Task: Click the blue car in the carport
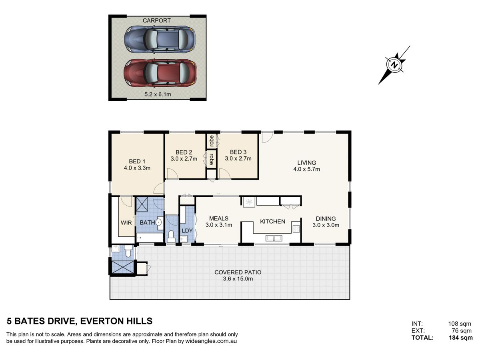click(x=160, y=39)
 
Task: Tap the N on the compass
click(x=394, y=65)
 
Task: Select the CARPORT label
click(x=156, y=20)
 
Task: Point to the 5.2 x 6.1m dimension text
click(x=158, y=94)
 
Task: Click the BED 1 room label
click(x=137, y=162)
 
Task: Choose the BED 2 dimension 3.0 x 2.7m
click(x=184, y=159)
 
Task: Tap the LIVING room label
click(x=306, y=163)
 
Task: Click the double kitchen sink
click(x=274, y=238)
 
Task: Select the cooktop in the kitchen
click(x=296, y=229)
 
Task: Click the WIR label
click(x=126, y=223)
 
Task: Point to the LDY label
click(x=187, y=231)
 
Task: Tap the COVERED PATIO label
click(x=238, y=272)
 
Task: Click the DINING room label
click(x=326, y=218)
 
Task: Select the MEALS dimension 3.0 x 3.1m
click(x=219, y=225)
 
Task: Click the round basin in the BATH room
click(x=158, y=223)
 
